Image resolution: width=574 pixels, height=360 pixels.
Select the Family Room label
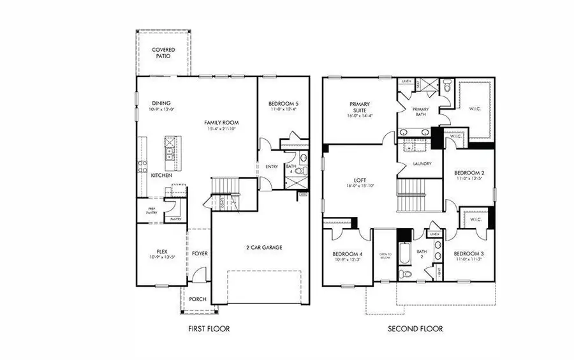[221, 121]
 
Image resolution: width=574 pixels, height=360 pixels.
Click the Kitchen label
[161, 174]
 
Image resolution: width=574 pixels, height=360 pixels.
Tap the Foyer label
[200, 253]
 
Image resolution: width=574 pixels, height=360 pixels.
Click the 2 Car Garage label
[264, 247]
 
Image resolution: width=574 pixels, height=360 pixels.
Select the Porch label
[197, 298]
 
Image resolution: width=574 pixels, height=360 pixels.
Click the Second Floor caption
[415, 329]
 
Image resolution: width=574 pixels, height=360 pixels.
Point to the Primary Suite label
[360, 107]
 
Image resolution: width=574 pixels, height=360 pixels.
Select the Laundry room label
[422, 163]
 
